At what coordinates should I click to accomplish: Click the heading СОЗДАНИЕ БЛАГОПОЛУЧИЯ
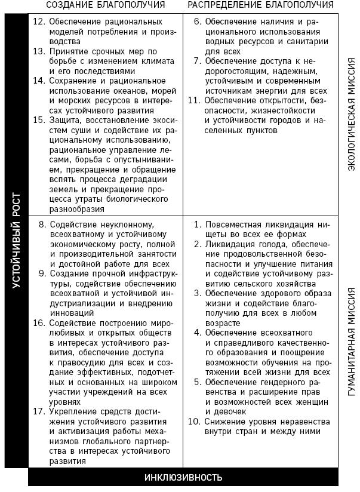point(105,5)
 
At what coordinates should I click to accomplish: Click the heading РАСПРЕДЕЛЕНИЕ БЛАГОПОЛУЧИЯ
point(260,5)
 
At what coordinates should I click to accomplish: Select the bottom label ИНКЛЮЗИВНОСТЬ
point(183,477)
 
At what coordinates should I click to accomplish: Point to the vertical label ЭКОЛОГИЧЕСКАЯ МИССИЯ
point(351,113)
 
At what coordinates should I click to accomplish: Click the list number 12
point(39,21)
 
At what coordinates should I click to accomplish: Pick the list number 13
point(39,52)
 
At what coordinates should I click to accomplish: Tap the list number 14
point(39,81)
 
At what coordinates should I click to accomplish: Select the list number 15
point(39,120)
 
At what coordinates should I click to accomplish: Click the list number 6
point(198,21)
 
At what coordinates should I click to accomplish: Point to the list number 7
point(198,61)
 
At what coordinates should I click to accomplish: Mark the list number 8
point(42,225)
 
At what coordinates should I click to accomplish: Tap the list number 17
point(39,412)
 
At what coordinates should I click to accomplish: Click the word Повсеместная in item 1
point(232,225)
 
